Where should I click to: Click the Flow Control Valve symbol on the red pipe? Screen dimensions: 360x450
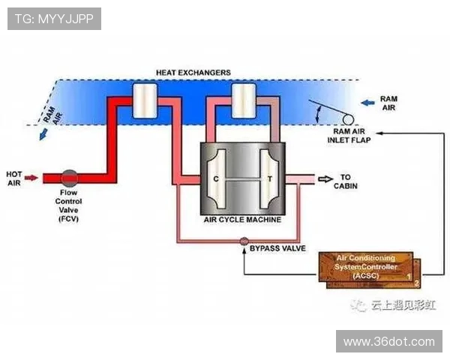(x=69, y=178)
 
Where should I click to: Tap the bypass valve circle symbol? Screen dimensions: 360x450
(x=244, y=241)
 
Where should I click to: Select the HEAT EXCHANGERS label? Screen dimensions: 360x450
(x=193, y=73)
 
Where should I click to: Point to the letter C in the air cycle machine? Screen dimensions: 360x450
(x=216, y=179)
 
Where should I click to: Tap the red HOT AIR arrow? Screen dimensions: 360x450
(x=31, y=178)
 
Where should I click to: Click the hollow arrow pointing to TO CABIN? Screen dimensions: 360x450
(x=324, y=178)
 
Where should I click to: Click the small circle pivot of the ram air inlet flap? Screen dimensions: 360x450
(x=348, y=118)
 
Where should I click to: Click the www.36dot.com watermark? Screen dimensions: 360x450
(x=388, y=341)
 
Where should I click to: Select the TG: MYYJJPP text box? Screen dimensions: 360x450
(x=54, y=19)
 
